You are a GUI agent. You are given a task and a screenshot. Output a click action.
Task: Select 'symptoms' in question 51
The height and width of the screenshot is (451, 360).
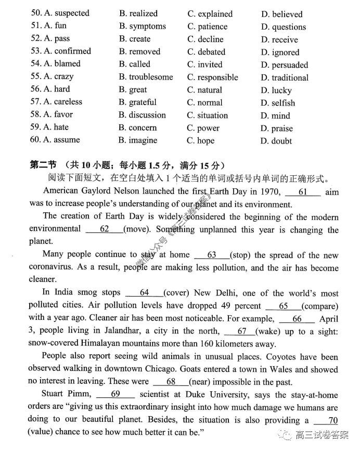pos(147,26)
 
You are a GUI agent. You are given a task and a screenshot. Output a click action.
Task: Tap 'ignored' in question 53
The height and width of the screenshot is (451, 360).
pos(285,53)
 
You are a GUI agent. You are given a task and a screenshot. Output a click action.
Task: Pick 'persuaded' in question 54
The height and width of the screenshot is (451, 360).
pos(289,65)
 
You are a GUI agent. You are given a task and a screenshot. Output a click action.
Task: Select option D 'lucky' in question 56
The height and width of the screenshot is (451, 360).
pos(281,91)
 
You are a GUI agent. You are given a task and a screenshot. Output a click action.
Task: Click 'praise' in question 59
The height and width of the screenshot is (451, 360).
pos(282,128)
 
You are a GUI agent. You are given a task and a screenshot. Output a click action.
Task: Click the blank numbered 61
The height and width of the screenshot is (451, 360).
pos(302,192)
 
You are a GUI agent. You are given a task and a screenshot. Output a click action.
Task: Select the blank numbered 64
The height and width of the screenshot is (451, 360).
pos(144,293)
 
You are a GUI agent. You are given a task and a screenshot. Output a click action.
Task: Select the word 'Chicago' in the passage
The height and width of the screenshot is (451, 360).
pos(158,369)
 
